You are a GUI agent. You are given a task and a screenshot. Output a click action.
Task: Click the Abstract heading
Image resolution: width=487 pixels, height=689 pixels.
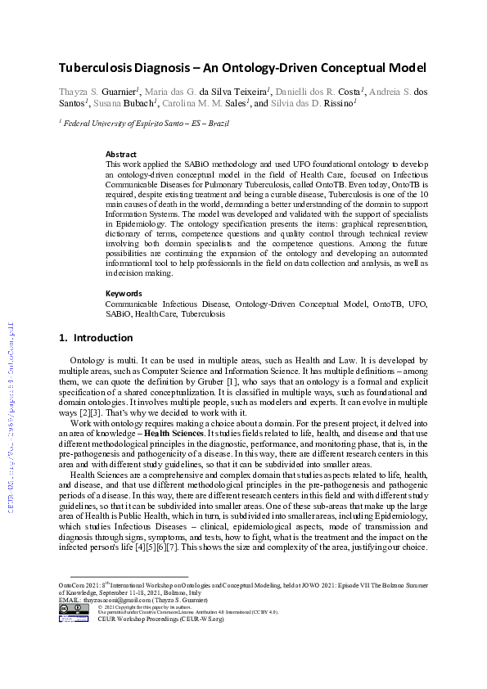[121, 154]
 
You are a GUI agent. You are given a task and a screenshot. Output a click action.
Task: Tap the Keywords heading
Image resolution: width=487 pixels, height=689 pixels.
[124, 293]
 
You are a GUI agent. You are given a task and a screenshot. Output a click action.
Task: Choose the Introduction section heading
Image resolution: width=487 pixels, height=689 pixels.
[102, 338]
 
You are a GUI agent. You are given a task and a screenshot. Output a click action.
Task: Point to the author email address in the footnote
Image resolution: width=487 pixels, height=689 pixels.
[115, 600]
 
